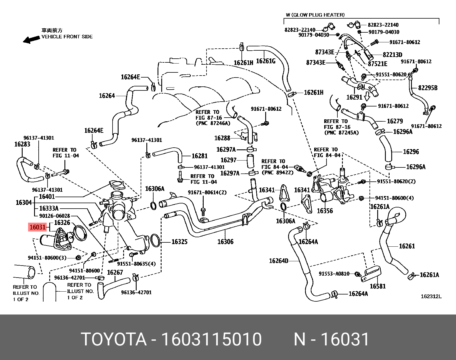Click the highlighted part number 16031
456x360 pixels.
coord(38,227)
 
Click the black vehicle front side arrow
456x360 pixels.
coord(31,39)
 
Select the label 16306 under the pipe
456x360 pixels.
coord(225,242)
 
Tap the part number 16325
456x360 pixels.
coord(179,242)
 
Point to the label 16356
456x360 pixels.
coord(325,211)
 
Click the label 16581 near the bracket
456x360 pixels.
coord(378,286)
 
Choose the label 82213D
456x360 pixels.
coord(392,55)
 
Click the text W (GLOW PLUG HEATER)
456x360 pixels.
coord(315,15)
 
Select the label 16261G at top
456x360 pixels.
coord(266,61)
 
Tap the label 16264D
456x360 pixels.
coord(278,261)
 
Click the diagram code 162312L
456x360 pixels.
coord(431,296)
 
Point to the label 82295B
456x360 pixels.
coord(428,88)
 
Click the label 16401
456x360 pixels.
coord(47,197)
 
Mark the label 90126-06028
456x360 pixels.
coord(54,216)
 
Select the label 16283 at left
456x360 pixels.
coord(22,144)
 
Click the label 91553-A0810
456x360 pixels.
coord(334,274)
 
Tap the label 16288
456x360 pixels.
coord(222,138)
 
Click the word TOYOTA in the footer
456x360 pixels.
coord(114,339)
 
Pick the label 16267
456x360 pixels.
coord(115,272)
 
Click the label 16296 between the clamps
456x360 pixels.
coord(411,152)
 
